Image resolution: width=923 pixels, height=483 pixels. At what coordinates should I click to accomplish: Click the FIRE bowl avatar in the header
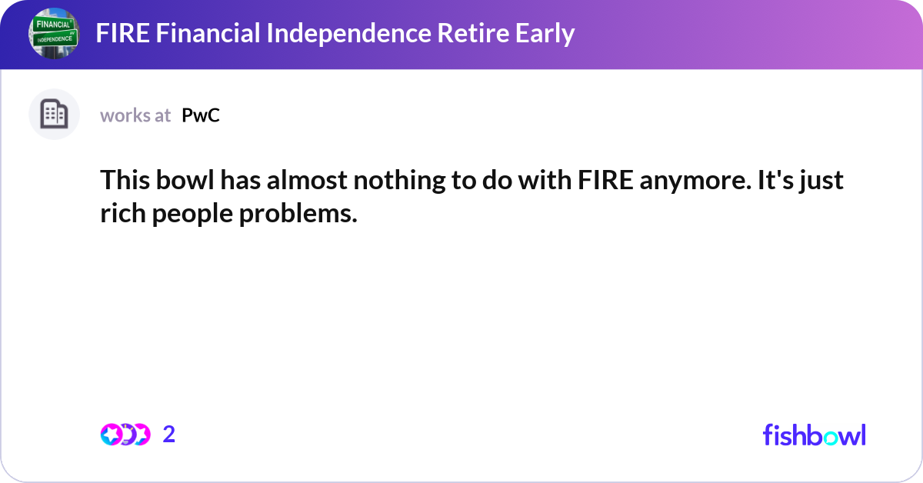tap(55, 35)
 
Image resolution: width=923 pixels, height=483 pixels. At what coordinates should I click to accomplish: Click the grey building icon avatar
tap(55, 115)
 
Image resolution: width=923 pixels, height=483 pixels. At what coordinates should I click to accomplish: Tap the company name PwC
tap(201, 115)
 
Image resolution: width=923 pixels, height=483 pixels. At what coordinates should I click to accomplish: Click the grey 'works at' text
tap(135, 115)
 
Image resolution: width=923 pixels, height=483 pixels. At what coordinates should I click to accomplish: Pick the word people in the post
tap(189, 215)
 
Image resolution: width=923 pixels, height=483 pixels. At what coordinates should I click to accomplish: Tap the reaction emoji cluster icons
tap(125, 435)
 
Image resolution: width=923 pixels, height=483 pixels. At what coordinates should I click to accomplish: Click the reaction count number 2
tap(169, 435)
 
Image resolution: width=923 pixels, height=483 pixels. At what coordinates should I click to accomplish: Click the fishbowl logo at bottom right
tap(814, 435)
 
